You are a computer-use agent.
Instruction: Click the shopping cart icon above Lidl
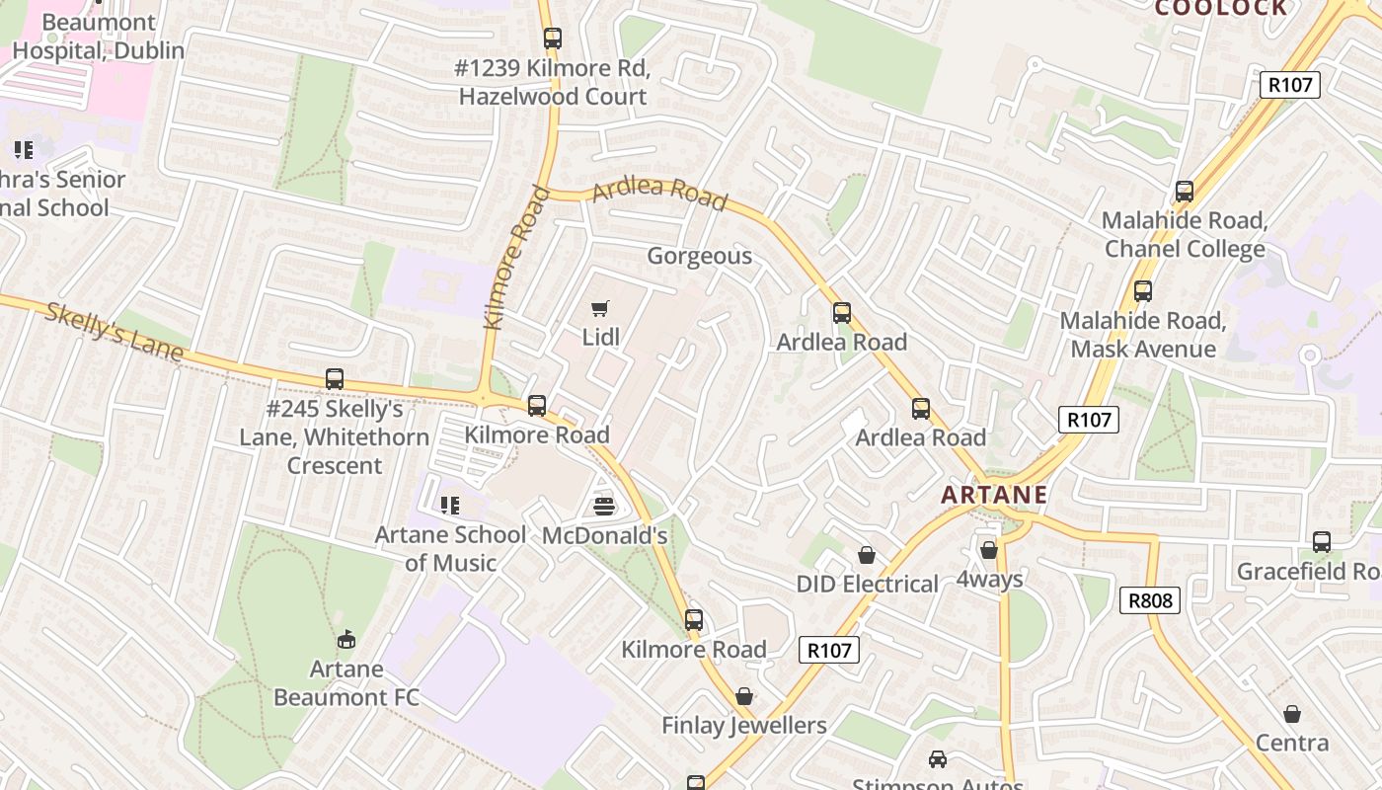[599, 309]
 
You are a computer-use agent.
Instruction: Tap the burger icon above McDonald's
[604, 507]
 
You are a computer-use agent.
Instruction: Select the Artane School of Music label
[450, 549]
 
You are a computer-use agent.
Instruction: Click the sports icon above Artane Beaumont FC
[345, 640]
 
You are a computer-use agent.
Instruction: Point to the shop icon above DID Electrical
[867, 555]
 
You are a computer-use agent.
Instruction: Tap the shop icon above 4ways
[989, 550]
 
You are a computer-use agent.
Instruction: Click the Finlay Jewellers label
[743, 726]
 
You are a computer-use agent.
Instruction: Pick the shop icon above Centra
[1291, 714]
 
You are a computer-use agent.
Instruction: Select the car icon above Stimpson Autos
[937, 759]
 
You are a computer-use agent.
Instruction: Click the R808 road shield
[1151, 600]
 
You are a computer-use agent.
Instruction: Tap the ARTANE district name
[994, 495]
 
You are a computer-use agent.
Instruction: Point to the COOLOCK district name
[1221, 9]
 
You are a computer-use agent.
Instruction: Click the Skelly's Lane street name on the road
[114, 332]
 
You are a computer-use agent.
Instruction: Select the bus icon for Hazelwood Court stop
[553, 39]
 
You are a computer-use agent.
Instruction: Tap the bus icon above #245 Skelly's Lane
[335, 379]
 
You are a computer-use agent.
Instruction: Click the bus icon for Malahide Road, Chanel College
[1184, 192]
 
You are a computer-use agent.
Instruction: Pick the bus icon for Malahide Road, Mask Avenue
[1143, 291]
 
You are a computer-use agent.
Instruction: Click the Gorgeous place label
[699, 257]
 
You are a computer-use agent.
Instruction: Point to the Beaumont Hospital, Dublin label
[99, 37]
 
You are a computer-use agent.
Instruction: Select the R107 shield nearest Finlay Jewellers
[828, 650]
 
